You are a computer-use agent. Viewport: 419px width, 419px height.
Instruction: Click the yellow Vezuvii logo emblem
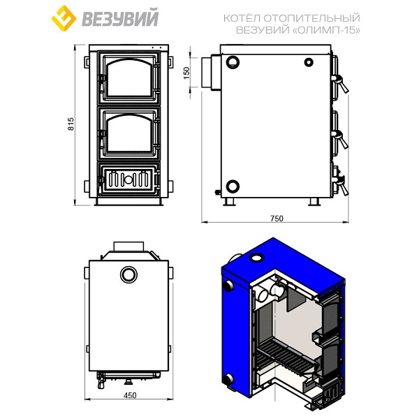(x=64, y=18)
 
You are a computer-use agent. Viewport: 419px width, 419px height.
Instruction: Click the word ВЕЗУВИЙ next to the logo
(x=120, y=18)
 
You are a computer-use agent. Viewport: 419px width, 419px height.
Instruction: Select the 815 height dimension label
(x=71, y=124)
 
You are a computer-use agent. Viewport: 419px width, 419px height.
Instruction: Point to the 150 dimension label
(x=186, y=73)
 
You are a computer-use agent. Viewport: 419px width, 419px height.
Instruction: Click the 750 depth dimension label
(x=277, y=219)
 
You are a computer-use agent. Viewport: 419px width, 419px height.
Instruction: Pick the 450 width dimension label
(x=130, y=395)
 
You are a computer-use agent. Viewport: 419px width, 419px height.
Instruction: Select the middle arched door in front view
(x=128, y=133)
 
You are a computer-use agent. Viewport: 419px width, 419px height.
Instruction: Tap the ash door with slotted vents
(x=128, y=179)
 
